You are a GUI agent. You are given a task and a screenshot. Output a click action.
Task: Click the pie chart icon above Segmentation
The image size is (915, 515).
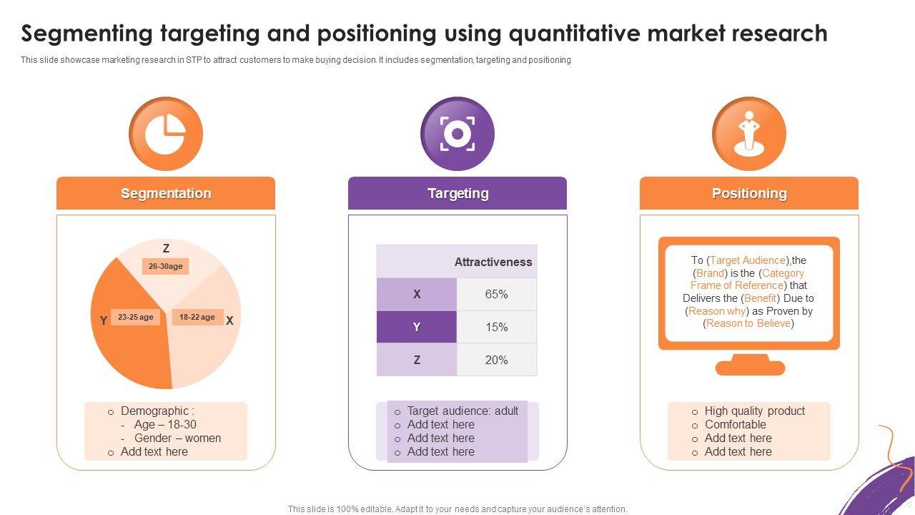(x=165, y=134)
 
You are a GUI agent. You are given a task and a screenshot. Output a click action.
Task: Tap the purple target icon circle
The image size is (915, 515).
(x=457, y=134)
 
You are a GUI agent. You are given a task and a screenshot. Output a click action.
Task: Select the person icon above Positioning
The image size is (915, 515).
(x=748, y=134)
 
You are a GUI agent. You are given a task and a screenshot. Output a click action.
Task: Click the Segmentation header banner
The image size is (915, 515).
(x=166, y=193)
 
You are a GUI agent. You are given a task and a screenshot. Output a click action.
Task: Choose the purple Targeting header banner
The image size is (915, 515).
(x=457, y=193)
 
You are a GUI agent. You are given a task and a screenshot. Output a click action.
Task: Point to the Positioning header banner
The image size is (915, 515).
(x=749, y=193)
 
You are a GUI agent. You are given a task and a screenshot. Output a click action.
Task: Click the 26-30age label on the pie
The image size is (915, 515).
(x=165, y=266)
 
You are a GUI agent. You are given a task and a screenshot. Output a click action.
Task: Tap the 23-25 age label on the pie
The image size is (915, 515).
(x=136, y=317)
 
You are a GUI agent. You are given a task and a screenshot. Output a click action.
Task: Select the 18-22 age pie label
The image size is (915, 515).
(x=197, y=317)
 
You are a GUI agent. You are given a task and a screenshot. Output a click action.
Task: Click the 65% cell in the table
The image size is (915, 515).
(x=496, y=294)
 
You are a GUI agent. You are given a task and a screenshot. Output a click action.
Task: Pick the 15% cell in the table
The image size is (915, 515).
(x=496, y=327)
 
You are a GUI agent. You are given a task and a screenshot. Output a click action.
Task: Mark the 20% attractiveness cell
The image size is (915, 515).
(x=496, y=360)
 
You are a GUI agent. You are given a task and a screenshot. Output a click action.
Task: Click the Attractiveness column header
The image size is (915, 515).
(x=493, y=262)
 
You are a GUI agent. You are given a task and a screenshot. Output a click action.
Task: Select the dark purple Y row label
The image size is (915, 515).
(x=417, y=327)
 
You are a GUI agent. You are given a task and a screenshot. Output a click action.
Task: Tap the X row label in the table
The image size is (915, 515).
(x=417, y=294)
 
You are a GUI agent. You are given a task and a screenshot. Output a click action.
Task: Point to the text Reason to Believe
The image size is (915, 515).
(x=748, y=323)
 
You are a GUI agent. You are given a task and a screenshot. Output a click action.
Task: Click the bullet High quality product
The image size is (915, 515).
(x=754, y=411)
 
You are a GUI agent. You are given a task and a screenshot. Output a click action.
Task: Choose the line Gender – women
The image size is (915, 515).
(x=177, y=438)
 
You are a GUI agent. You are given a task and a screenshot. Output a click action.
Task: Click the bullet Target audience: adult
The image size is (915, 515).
(x=463, y=411)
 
